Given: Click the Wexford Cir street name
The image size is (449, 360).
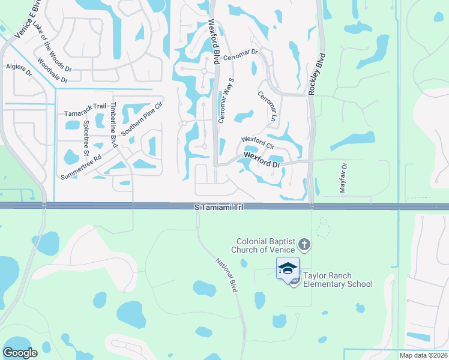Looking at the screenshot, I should click(258, 143).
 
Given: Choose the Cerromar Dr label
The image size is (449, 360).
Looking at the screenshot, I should click(240, 56).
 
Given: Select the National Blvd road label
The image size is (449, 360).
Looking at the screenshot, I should click(227, 275).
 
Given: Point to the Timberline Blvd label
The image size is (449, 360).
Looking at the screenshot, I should click(113, 124).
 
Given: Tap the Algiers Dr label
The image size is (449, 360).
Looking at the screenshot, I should click(19, 70).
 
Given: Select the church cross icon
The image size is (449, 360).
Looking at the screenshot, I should click(304, 245).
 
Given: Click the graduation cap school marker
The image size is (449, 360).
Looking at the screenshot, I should click(288, 268).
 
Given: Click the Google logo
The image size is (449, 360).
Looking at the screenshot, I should click(20, 353).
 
